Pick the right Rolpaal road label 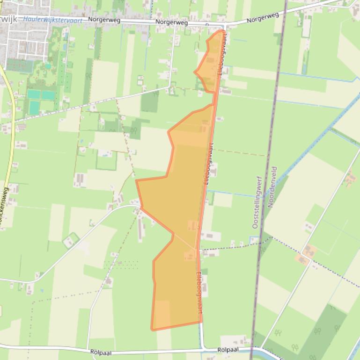pos(228,350)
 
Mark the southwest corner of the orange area pos(152,329)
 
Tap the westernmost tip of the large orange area pos(137,180)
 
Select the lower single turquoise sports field pos(34,108)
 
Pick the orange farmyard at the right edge pos(350,178)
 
